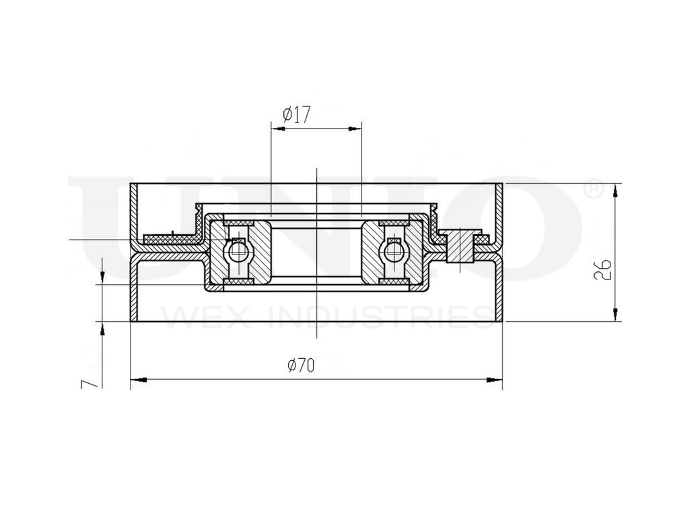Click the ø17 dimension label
click(x=296, y=115)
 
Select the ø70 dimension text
click(x=301, y=366)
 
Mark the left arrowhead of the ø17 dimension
click(x=277, y=128)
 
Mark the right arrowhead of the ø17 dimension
click(x=355, y=128)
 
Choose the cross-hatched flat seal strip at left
click(x=168, y=239)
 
